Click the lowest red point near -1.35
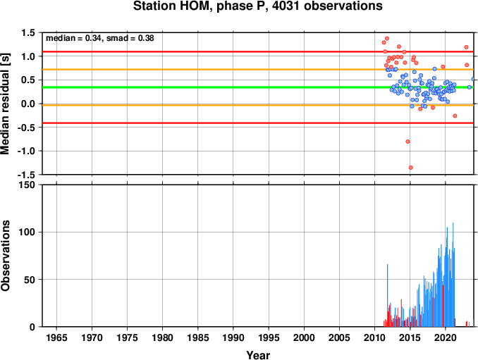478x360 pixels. (410, 168)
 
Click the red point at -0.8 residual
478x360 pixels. (407, 142)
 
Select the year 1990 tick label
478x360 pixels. (233, 337)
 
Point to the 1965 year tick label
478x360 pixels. (56, 337)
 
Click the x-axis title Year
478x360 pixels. (258, 355)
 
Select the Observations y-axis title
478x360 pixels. (6, 256)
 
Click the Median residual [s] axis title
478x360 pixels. (6, 104)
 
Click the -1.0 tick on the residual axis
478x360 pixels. (27, 151)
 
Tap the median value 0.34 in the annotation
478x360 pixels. (93, 38)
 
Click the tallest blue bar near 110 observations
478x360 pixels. (453, 275)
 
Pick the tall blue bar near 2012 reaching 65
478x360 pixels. (388, 295)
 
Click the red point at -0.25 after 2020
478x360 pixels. (455, 116)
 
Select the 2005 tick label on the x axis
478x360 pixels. (339, 337)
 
